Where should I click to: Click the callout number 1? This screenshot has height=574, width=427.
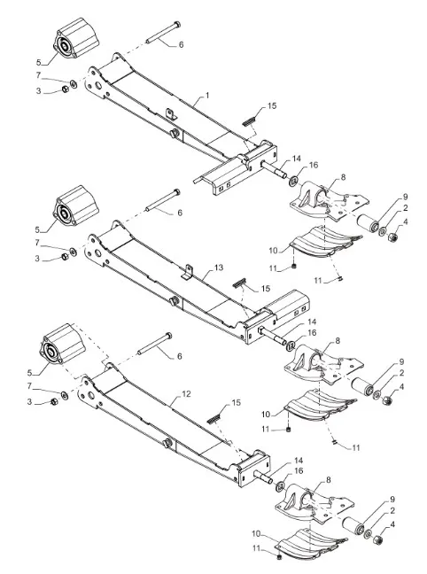(207, 96)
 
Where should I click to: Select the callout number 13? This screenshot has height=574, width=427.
(219, 268)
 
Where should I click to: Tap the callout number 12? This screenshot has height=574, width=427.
(186, 394)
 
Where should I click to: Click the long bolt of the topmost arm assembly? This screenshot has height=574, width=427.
(163, 33)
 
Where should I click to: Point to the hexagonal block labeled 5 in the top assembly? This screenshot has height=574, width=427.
(76, 38)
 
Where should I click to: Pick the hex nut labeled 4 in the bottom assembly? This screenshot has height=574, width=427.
(377, 539)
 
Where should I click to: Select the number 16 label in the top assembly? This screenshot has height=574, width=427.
(314, 165)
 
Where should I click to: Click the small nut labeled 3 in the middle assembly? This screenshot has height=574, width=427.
(65, 257)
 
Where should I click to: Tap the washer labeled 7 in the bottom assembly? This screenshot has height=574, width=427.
(64, 395)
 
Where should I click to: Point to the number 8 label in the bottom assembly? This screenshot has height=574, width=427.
(328, 479)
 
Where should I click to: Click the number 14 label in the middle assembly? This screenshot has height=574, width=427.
(312, 322)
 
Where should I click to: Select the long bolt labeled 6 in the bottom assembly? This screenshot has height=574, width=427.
(154, 344)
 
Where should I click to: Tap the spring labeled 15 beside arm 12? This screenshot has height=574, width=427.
(214, 418)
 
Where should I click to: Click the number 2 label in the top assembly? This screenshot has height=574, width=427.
(406, 208)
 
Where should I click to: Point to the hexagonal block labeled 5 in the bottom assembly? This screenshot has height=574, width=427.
(63, 345)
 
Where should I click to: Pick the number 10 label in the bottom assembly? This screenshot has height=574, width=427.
(256, 534)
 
